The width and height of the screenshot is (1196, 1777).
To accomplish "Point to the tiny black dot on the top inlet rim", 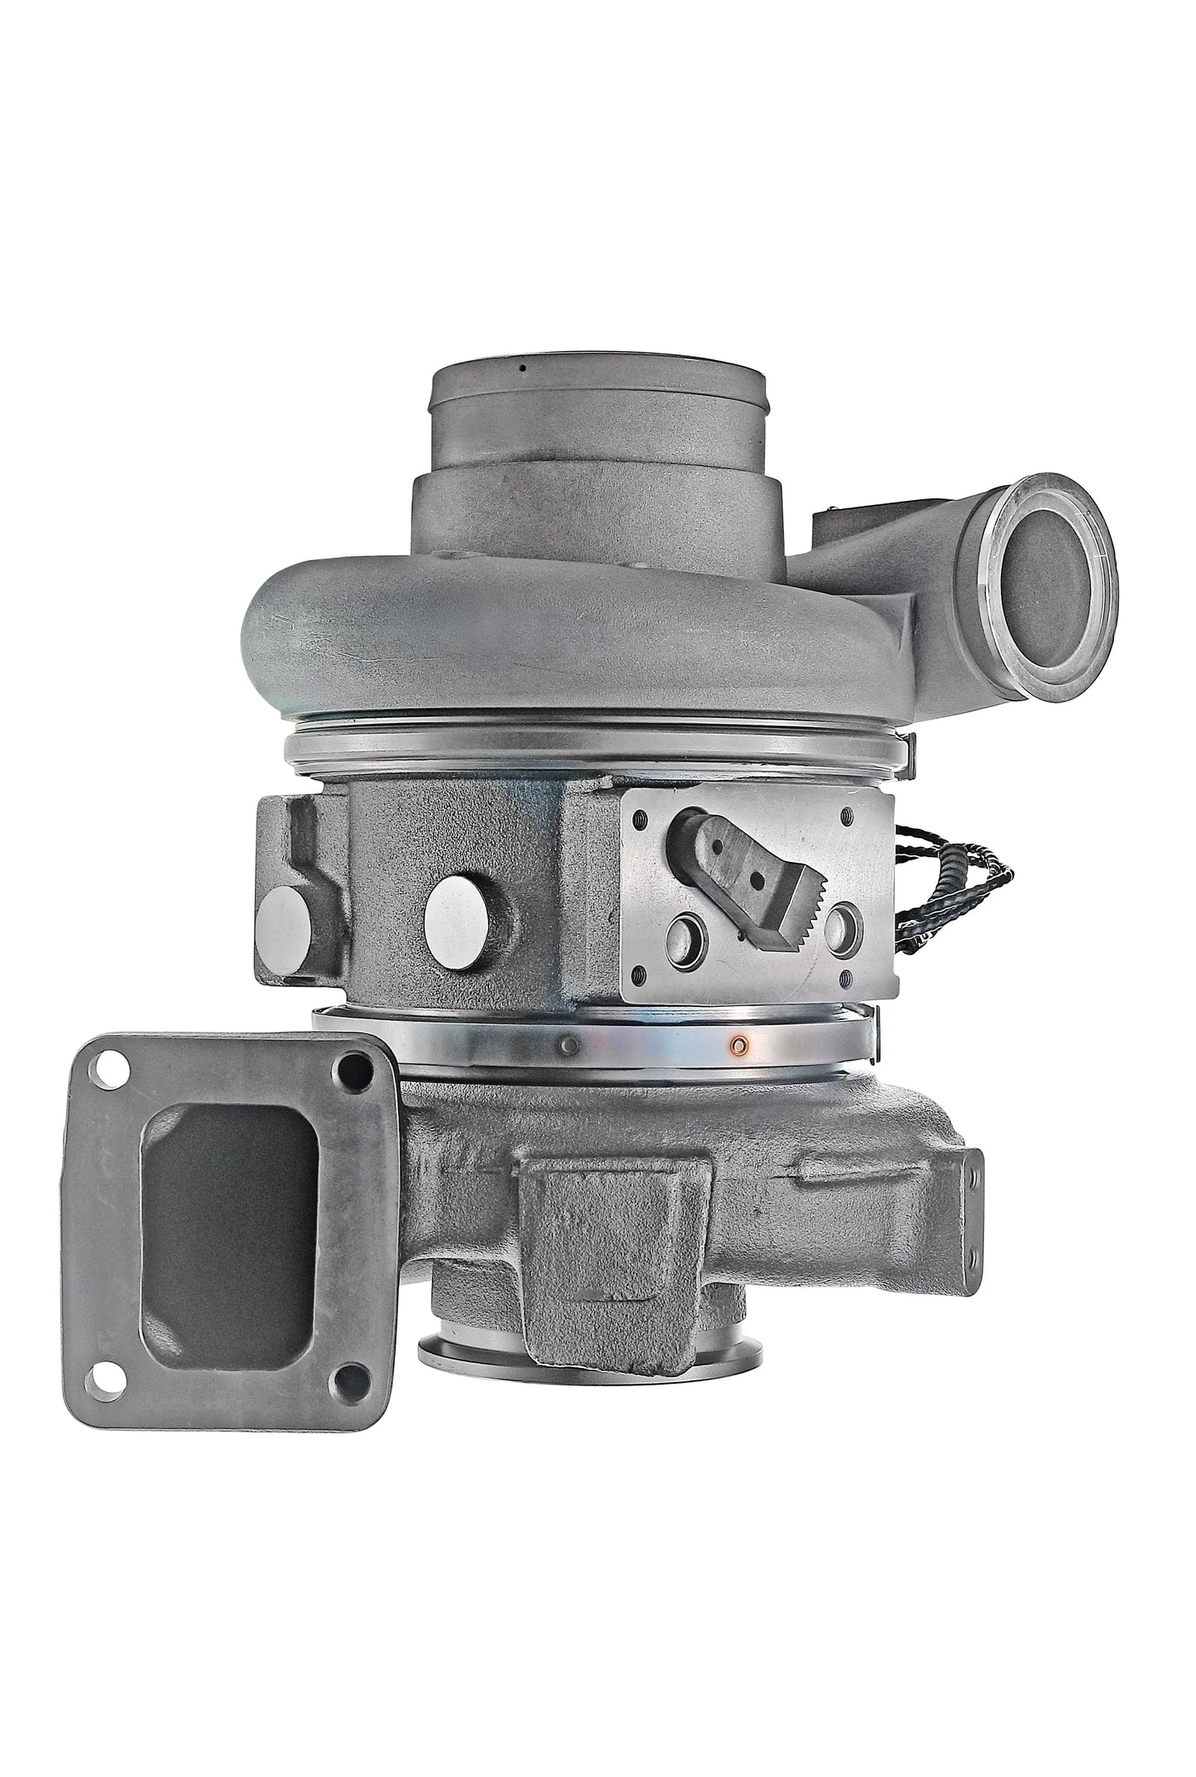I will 522,368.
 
